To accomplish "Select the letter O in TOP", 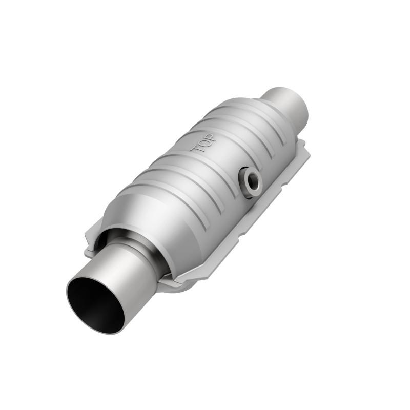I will pyautogui.click(x=203, y=142).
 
